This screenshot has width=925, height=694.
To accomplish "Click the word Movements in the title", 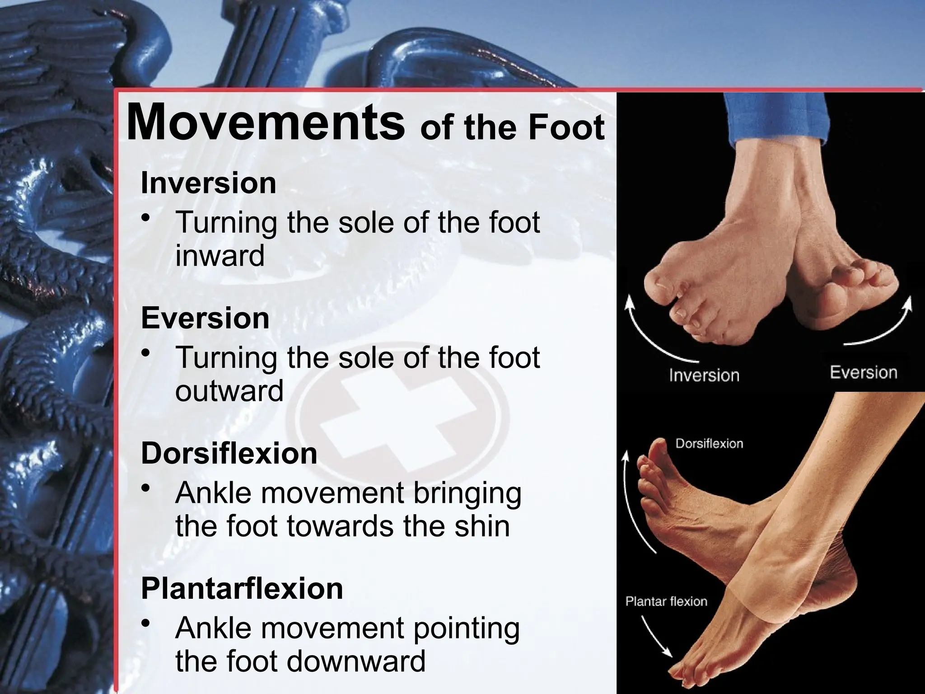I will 266,123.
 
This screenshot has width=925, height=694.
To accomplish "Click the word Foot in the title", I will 566,127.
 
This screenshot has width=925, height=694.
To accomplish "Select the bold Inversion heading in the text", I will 208,183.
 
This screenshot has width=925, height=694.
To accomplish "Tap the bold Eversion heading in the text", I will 205,318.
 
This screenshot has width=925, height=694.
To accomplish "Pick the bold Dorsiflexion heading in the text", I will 229,453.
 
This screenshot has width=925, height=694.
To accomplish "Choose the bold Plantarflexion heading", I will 242,588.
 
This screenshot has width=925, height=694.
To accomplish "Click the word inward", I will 220,256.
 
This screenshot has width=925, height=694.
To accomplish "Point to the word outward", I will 229,391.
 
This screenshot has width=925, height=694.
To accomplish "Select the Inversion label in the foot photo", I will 704,375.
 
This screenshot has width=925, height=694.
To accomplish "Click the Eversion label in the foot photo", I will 863,373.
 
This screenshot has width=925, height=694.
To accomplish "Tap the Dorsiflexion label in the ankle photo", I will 709,444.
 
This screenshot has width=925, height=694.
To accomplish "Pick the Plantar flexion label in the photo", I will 666,601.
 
